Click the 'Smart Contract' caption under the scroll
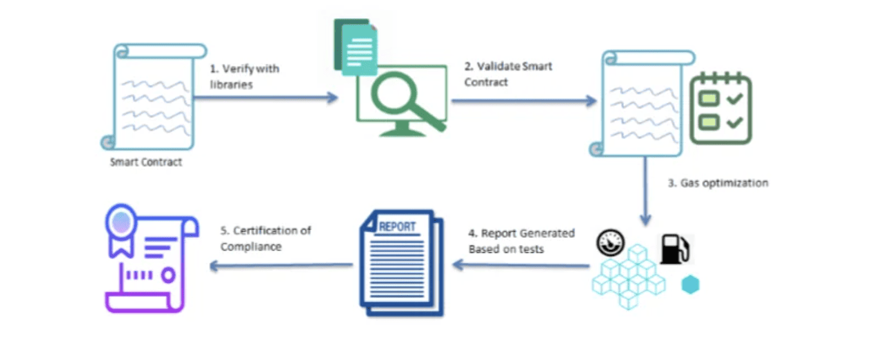coord(146,162)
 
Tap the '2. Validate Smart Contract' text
coord(508,74)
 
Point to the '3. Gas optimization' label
coord(718,182)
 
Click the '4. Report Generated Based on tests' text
coord(521,241)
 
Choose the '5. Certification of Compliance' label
coord(266,238)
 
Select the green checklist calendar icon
coord(721,108)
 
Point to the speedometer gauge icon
coord(609,244)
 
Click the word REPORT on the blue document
coord(397,227)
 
